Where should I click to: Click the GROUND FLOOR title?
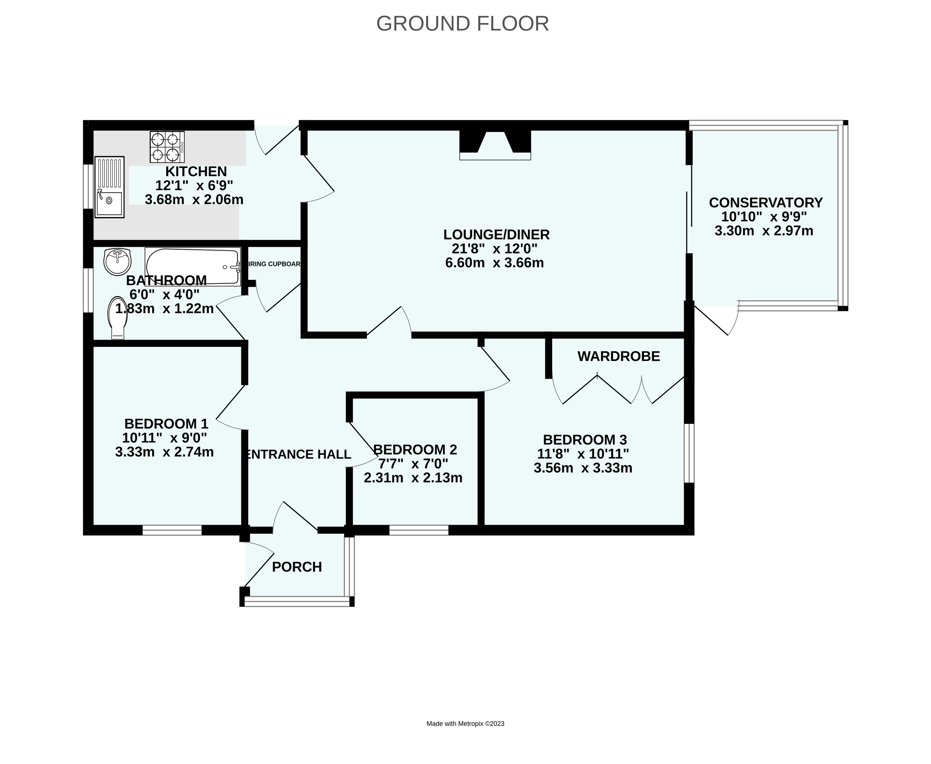(463, 24)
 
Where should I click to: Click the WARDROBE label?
(619, 356)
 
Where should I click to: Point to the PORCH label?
(297, 567)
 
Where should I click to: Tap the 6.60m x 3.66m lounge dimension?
(495, 263)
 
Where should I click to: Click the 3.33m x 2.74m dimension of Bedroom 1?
(165, 452)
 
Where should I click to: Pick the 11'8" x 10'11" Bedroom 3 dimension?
(583, 454)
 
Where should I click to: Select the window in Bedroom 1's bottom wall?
(172, 530)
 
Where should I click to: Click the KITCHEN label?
(196, 171)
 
